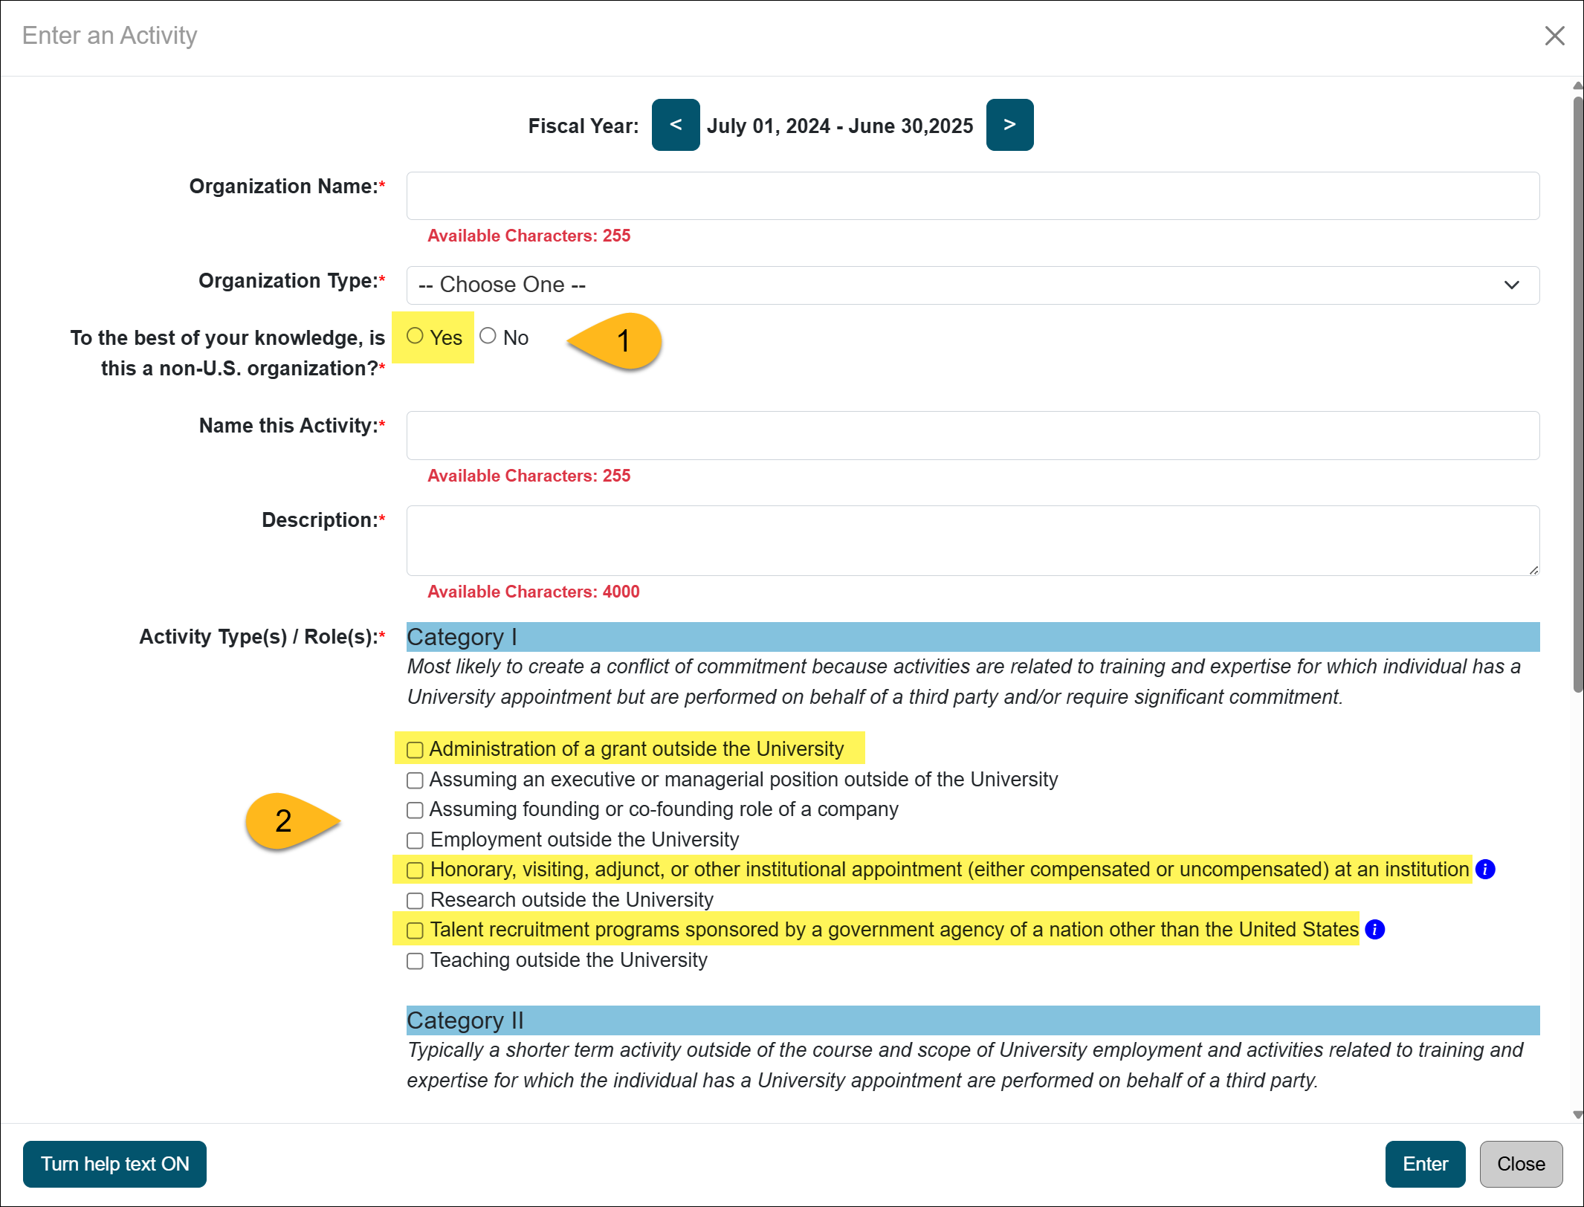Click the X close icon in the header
tap(1554, 36)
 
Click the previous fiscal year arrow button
tap(675, 125)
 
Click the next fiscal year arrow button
tap(1009, 125)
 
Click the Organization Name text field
tap(972, 196)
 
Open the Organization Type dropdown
tap(972, 285)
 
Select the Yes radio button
tap(415, 336)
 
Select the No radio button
tap(488, 336)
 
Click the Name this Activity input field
tap(972, 436)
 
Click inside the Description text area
tap(972, 540)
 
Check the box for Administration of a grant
tap(415, 750)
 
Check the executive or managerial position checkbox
tap(415, 780)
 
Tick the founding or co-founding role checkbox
tap(415, 810)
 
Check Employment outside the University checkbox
tap(415, 841)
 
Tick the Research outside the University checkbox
tap(415, 901)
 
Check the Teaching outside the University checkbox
tap(415, 961)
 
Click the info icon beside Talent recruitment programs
tap(1374, 930)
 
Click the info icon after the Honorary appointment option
tap(1484, 870)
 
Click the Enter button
tap(1425, 1164)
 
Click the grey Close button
tap(1520, 1164)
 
